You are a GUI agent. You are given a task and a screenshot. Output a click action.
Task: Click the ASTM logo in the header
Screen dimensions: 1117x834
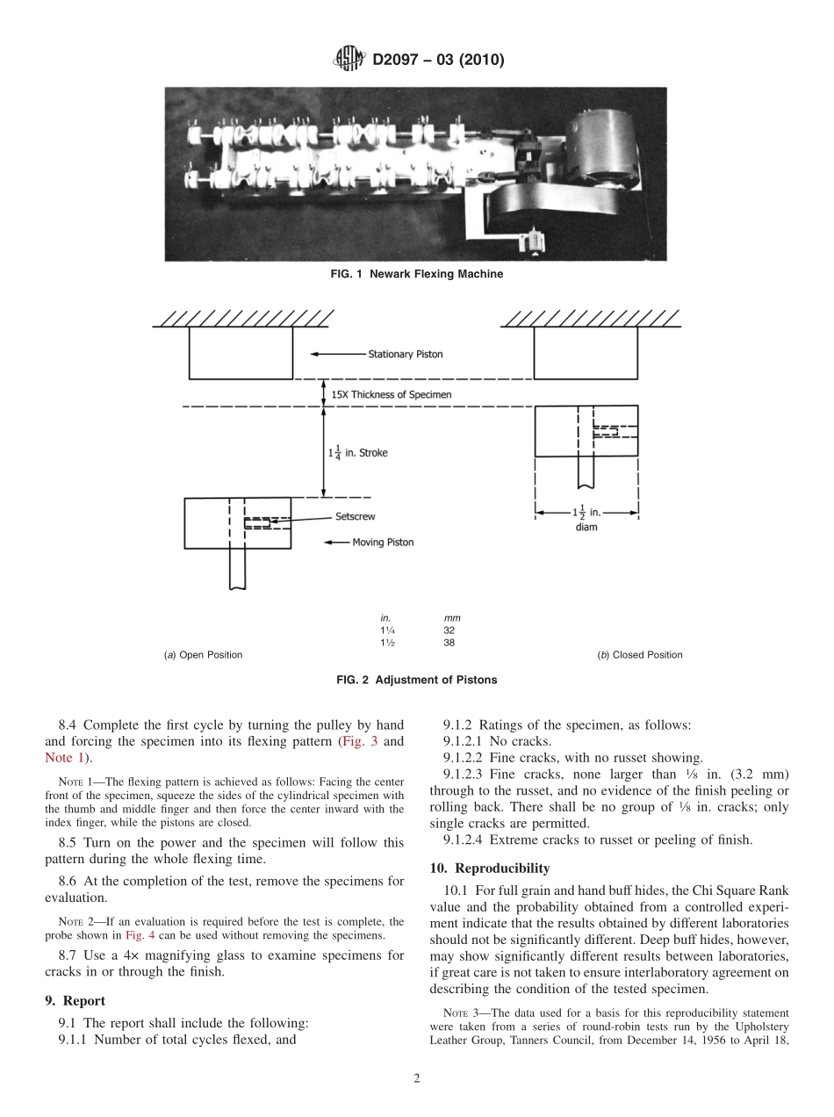[x=349, y=60]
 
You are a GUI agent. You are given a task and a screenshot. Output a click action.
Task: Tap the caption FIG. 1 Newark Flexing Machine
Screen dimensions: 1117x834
[x=416, y=274]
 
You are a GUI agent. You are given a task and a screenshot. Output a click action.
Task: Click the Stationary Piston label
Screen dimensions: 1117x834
[x=405, y=354]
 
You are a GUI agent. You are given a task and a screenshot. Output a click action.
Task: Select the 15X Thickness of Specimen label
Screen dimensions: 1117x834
[x=392, y=395]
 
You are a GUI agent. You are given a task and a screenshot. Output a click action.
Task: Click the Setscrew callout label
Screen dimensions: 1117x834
[x=355, y=517]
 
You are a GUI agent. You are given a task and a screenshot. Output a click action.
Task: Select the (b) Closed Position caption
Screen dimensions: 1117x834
[x=639, y=655]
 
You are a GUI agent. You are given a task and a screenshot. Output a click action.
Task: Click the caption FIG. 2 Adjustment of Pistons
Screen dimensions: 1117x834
[x=416, y=680]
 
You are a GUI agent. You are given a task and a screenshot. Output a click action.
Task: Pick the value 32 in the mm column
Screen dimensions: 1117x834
[x=449, y=630]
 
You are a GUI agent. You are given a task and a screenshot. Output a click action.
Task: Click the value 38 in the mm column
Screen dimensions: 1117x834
[x=449, y=642]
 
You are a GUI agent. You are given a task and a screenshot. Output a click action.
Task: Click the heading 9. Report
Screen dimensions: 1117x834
[x=75, y=1001]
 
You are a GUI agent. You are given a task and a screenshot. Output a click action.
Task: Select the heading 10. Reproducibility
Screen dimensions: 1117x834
[x=489, y=868]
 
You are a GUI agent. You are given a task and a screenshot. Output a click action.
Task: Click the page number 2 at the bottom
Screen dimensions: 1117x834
[x=417, y=1079]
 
